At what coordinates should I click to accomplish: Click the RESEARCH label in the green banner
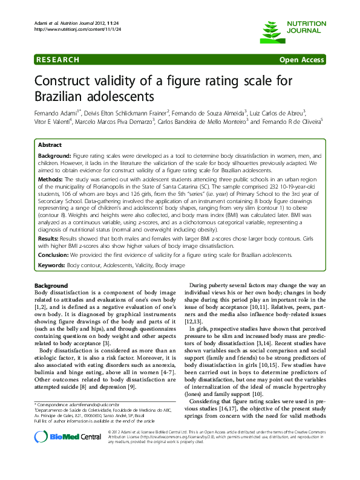tap(57, 60)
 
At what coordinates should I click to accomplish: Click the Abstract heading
tap(50, 146)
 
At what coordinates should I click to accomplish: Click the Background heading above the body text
tap(51, 285)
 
